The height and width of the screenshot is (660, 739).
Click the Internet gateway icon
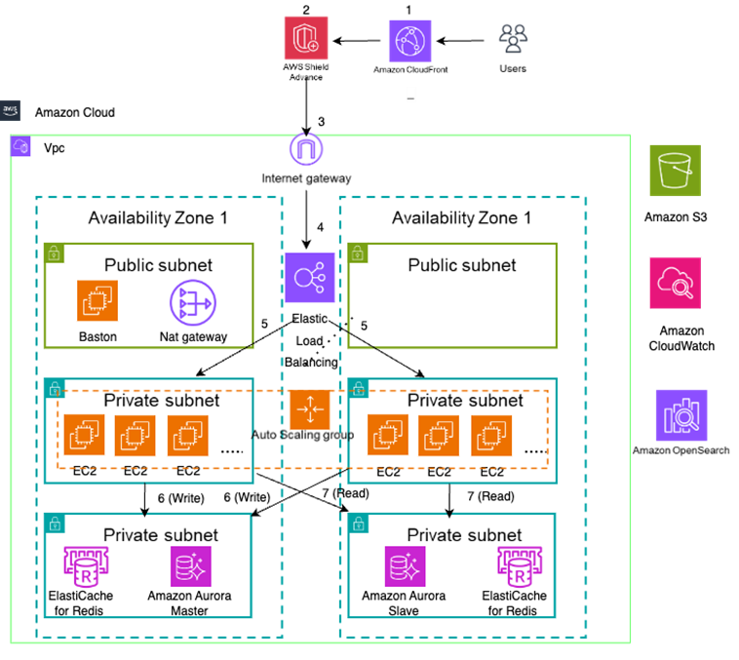pos(306,150)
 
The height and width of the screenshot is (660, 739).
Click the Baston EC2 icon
pos(97,301)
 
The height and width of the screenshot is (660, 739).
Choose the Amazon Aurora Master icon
pos(190,566)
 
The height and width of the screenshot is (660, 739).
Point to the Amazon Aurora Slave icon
pos(404,566)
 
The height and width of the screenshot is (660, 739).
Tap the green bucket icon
pos(675,172)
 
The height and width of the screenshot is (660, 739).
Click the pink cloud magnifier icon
pos(675,284)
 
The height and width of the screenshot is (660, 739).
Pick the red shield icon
pos(306,38)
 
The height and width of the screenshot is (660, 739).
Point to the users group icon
pos(513,38)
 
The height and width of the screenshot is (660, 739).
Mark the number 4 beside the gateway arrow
pos(321,229)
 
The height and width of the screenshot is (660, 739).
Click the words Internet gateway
pos(306,178)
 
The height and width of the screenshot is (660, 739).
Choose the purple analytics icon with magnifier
pos(681,415)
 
